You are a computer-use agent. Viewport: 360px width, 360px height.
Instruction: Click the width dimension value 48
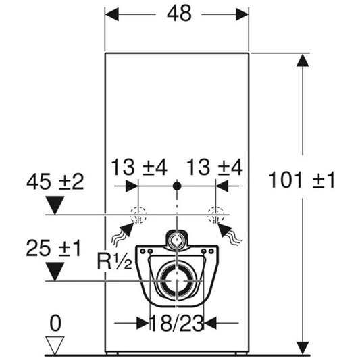(x=179, y=14)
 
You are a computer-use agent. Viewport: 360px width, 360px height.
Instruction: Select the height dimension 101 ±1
(x=302, y=180)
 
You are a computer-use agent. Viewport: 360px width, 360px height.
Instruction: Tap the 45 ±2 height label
(x=55, y=182)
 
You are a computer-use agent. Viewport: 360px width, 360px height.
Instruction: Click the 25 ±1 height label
(x=54, y=248)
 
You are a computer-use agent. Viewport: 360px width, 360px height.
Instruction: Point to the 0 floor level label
(x=55, y=323)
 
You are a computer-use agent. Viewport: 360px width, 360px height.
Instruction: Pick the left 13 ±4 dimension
(x=139, y=168)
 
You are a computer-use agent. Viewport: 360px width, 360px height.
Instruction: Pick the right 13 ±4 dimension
(x=215, y=168)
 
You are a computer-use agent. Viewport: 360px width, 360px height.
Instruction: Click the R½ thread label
(x=115, y=261)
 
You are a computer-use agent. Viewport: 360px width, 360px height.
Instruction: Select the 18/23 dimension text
(x=177, y=324)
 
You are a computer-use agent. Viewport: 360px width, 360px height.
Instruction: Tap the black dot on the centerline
(x=177, y=186)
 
